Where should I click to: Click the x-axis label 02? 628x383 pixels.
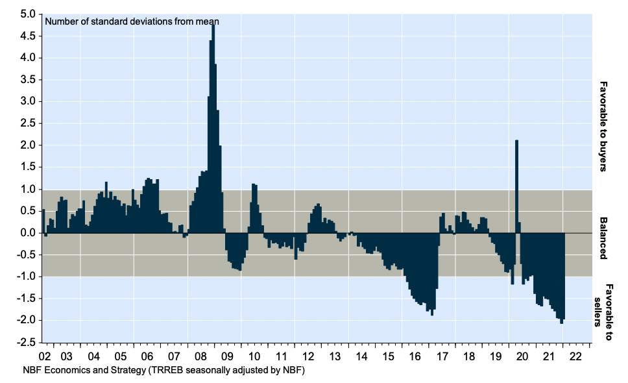pyautogui.click(x=44, y=356)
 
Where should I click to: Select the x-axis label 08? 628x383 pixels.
pyautogui.click(x=201, y=356)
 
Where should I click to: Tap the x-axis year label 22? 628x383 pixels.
pyautogui.click(x=576, y=356)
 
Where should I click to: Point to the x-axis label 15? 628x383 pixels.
pyautogui.click(x=389, y=356)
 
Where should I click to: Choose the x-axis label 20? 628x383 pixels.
pyautogui.click(x=522, y=356)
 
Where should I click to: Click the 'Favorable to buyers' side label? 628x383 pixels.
pyautogui.click(x=603, y=126)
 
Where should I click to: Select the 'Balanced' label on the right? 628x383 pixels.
pyautogui.click(x=603, y=238)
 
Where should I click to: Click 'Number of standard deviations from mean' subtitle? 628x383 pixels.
pyautogui.click(x=132, y=21)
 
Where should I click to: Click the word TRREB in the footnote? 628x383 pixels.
pyautogui.click(x=165, y=371)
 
